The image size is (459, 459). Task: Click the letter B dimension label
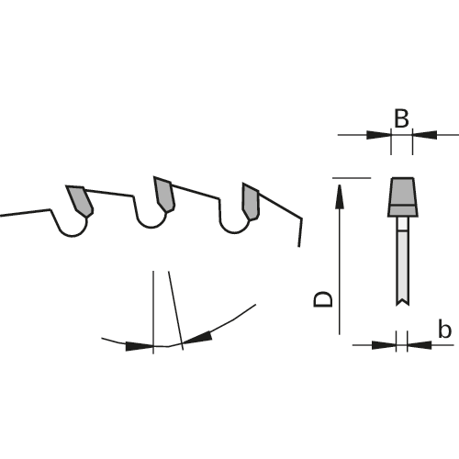pyautogui.click(x=401, y=118)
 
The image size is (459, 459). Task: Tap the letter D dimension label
pyautogui.click(x=323, y=299)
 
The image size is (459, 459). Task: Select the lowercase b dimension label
pyautogui.click(x=444, y=329)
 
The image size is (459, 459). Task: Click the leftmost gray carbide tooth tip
pyautogui.click(x=80, y=200)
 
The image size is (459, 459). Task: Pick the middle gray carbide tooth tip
pyautogui.click(x=164, y=194)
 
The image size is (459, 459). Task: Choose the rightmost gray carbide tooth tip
pyautogui.click(x=251, y=201)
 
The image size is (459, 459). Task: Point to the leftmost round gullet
pyautogui.click(x=73, y=228)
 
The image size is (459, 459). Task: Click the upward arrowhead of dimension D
pyautogui.click(x=340, y=196)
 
